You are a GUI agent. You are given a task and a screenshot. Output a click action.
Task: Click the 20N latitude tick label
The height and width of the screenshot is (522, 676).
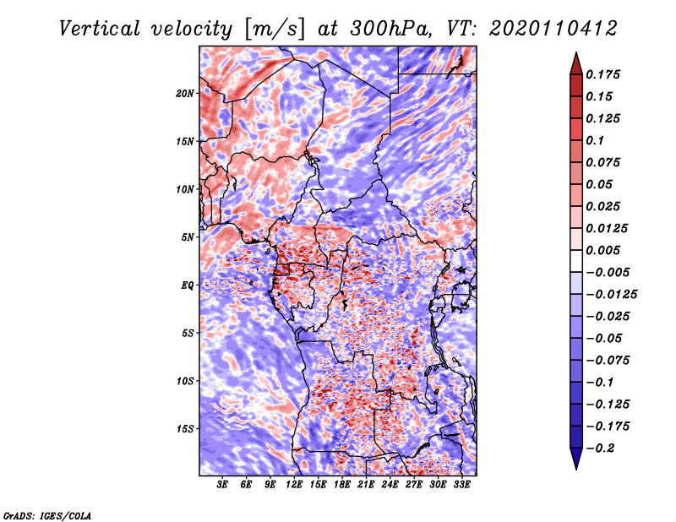click(185, 94)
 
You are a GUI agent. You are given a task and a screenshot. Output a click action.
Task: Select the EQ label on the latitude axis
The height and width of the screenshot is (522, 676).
click(187, 285)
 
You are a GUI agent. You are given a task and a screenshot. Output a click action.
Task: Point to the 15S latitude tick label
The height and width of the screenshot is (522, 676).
click(185, 429)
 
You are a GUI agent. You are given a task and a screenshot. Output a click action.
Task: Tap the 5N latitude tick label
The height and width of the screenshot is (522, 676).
click(188, 237)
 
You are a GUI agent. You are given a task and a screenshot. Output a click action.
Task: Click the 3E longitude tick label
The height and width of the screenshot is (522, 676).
click(222, 485)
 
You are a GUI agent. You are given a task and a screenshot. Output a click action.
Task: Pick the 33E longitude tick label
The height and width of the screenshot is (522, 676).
click(461, 485)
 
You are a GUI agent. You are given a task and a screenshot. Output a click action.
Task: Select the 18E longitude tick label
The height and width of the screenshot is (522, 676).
click(342, 485)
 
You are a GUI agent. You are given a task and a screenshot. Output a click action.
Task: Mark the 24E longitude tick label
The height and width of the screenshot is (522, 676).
click(390, 485)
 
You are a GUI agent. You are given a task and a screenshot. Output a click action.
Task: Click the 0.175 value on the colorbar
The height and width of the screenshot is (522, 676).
click(602, 74)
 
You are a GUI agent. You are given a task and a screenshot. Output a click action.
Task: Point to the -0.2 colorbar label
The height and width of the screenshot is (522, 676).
click(600, 449)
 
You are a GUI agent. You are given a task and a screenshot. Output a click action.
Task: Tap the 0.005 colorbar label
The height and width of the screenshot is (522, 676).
click(602, 250)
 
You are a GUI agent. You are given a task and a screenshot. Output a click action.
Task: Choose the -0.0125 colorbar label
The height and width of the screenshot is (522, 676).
click(611, 295)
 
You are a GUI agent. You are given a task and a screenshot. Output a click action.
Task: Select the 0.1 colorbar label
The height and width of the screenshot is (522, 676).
click(595, 140)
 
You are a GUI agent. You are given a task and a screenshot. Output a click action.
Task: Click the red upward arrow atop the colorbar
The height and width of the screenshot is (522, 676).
click(576, 64)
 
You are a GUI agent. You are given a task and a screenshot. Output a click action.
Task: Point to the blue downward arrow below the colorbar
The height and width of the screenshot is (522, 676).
click(576, 459)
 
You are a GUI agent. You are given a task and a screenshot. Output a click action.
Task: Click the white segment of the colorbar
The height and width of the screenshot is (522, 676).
click(576, 261)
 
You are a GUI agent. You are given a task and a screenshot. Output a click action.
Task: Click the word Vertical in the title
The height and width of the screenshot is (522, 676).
click(100, 29)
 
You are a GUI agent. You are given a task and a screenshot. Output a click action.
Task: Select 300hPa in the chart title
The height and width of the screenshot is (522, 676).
click(390, 29)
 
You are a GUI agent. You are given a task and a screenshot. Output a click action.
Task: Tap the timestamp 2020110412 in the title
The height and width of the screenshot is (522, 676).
click(553, 29)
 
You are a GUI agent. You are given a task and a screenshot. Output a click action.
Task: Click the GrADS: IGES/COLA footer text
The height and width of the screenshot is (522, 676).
click(47, 515)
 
